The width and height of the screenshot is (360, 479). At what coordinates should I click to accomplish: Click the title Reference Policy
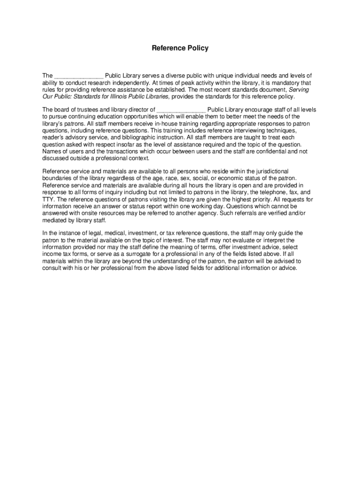(180, 48)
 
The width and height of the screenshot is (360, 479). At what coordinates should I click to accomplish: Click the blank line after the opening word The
(79, 76)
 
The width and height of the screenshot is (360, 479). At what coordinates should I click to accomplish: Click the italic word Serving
(299, 90)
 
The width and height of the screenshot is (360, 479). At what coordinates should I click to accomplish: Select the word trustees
(81, 110)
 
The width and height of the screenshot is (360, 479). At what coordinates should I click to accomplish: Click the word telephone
(268, 192)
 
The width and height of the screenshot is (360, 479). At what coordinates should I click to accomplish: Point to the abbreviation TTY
(48, 199)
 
